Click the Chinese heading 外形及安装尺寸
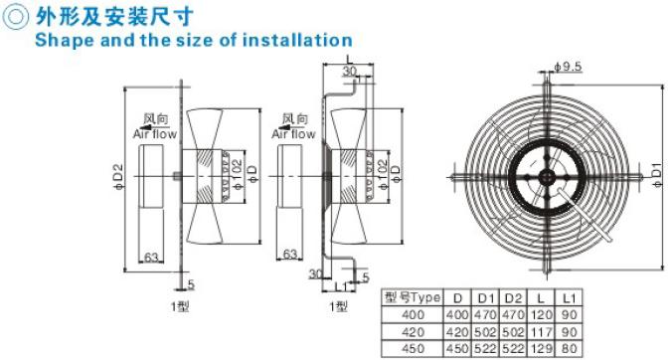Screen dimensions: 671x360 pyautogui.click(x=114, y=17)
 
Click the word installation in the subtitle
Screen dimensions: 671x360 pyautogui.click(x=297, y=40)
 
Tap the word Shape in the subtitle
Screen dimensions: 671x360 pyautogui.click(x=65, y=41)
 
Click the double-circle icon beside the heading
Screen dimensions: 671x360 pyautogui.click(x=15, y=17)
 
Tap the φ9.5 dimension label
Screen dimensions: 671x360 pyautogui.click(x=568, y=67)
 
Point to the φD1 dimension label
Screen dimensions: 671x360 pyautogui.click(x=657, y=174)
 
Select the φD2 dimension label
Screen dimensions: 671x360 pyautogui.click(x=118, y=177)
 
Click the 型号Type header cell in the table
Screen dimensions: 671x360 pyautogui.click(x=413, y=297)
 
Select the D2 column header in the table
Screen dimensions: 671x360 pyautogui.click(x=512, y=298)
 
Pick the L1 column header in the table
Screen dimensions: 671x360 pyautogui.click(x=569, y=298)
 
